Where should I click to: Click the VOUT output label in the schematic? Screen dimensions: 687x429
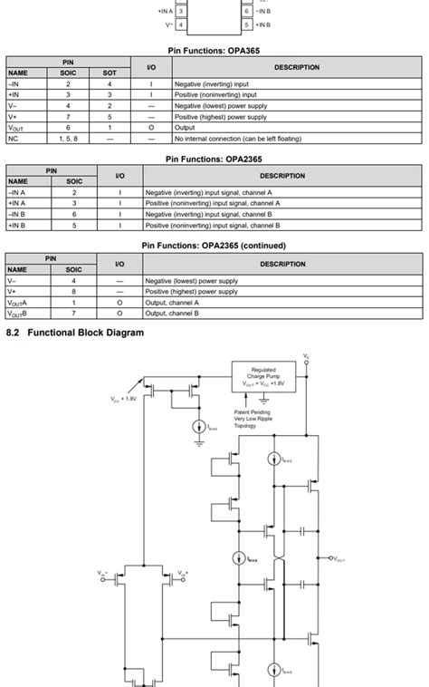(338, 559)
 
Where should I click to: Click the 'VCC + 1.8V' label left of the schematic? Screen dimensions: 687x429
(124, 398)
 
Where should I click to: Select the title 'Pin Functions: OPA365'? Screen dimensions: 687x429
(214, 51)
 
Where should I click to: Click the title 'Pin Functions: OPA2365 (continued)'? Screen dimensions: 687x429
(214, 246)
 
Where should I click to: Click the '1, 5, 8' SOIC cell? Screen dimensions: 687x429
(68, 139)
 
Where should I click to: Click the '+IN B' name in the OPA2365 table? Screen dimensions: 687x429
(17, 226)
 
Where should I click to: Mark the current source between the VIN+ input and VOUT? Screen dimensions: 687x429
(239, 558)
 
